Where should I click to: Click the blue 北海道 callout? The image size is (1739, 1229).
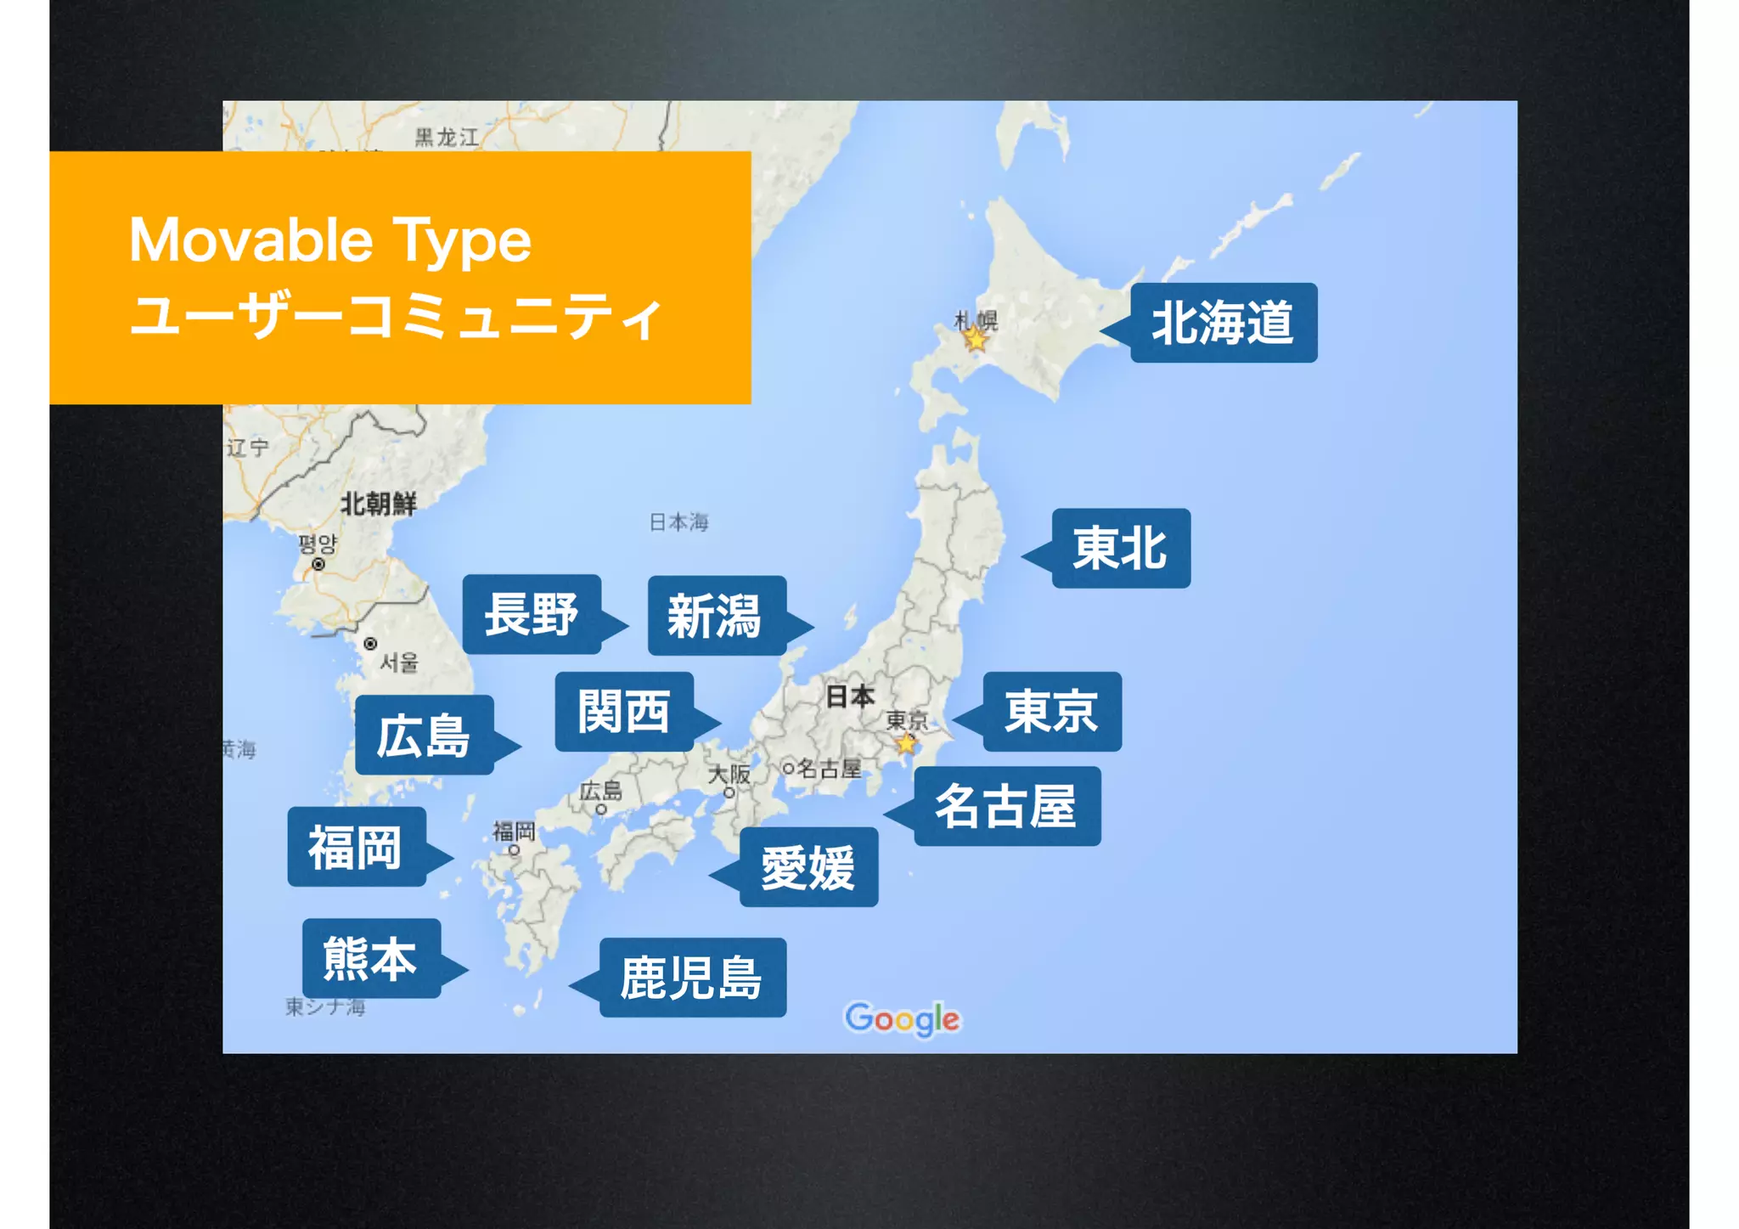coord(1223,323)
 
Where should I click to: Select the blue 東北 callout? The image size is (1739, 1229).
coord(1120,548)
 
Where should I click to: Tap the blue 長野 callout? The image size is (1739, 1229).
coord(532,614)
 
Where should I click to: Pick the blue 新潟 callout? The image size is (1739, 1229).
coord(716,616)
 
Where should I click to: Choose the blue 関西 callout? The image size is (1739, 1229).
coord(624,712)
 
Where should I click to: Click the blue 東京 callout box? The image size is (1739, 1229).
coord(1051,712)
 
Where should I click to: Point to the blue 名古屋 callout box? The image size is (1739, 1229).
coord(1006,806)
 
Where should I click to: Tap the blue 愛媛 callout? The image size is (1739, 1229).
coord(808,867)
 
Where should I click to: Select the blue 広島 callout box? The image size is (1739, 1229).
coord(424,735)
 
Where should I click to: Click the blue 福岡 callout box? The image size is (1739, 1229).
coord(356,847)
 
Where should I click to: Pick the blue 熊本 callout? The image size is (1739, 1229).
coord(371,958)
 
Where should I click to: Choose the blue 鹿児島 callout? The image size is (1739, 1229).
coord(692,978)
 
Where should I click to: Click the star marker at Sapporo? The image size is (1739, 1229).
coord(976,340)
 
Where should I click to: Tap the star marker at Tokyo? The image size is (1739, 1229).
coord(907,744)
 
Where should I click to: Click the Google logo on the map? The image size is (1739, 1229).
coord(902,1018)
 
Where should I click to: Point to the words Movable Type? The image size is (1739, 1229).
coord(330,240)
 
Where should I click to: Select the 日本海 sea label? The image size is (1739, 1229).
coord(678,521)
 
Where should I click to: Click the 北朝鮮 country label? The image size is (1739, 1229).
coord(378,504)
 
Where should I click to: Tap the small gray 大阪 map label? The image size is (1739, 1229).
coord(729,774)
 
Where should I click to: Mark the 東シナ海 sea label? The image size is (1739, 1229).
coord(325,1007)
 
